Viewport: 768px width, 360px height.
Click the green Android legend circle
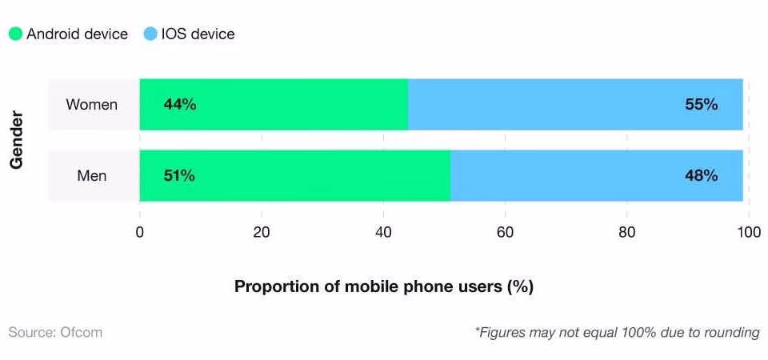click(15, 34)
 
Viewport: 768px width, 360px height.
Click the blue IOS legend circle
click(150, 34)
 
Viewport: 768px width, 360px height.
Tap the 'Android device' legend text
click(77, 34)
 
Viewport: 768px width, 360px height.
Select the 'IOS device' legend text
click(198, 34)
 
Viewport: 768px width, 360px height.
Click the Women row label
click(91, 105)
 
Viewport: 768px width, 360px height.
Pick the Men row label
click(91, 175)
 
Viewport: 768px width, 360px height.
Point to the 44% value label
click(179, 105)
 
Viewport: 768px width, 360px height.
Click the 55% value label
click(701, 105)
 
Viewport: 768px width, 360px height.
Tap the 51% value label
click(179, 175)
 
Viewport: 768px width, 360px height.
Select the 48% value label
click(701, 175)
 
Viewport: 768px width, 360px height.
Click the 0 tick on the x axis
click(140, 233)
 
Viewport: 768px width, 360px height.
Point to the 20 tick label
click(262, 233)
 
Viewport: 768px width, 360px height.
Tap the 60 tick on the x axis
click(505, 233)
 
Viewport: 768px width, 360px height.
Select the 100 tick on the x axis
click(749, 233)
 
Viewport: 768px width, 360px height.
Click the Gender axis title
click(16, 140)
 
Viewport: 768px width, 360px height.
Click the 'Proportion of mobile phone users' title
click(383, 286)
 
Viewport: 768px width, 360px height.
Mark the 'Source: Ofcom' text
click(55, 332)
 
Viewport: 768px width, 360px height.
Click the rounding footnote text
click(617, 332)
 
